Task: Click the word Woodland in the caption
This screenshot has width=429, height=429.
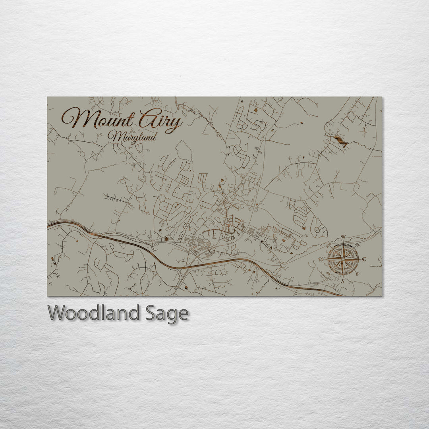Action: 93,314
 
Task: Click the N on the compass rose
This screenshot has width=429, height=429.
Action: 343,237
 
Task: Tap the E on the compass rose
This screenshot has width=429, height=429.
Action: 364,259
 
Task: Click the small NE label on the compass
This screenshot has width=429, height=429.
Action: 357,245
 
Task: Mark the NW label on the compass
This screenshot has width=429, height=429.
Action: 329,245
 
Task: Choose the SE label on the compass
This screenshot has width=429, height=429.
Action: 357,274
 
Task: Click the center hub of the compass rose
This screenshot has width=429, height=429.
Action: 343,259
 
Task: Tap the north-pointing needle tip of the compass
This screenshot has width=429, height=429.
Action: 343,242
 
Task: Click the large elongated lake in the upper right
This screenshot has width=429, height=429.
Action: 340,140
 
